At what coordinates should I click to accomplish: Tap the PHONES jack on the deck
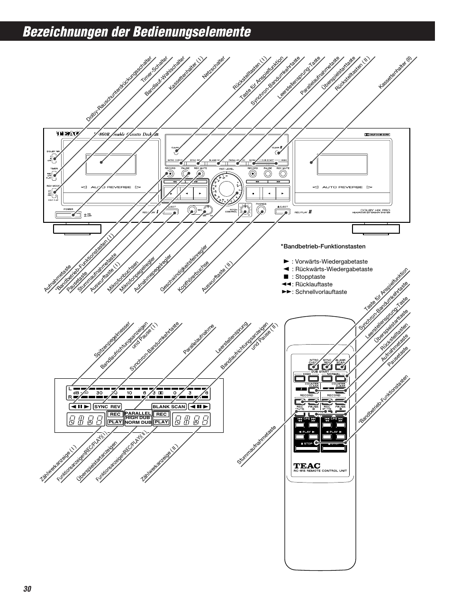click(261, 210)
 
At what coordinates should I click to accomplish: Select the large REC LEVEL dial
click(225, 187)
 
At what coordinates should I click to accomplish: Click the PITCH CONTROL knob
click(245, 210)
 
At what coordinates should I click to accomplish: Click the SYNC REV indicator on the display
click(107, 407)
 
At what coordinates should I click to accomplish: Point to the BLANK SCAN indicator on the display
click(169, 407)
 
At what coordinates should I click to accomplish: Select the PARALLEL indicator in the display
click(138, 413)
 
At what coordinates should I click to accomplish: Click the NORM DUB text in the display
click(138, 422)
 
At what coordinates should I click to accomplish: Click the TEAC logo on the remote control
click(307, 466)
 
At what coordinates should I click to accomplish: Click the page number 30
click(27, 588)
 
